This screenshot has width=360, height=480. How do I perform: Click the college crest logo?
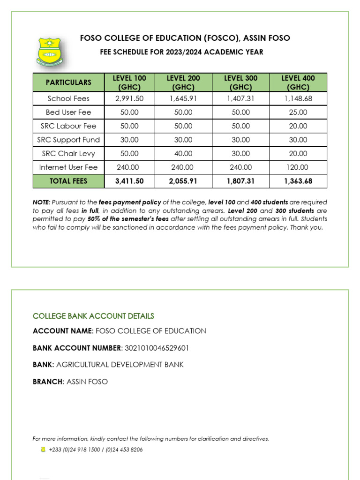click(52, 51)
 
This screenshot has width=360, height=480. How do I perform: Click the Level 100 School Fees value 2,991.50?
click(129, 98)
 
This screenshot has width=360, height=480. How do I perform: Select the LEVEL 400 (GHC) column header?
click(298, 82)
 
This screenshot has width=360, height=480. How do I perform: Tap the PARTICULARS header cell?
click(68, 82)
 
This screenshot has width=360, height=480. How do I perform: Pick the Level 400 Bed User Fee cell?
click(298, 112)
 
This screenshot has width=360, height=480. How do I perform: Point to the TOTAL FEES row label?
click(68, 181)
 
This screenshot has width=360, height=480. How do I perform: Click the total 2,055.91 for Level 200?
click(183, 181)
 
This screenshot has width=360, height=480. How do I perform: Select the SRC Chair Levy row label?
click(68, 153)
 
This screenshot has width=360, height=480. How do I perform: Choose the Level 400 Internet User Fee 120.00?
click(298, 167)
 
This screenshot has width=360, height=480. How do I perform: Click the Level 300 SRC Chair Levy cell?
click(240, 153)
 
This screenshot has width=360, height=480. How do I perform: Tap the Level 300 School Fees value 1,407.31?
click(240, 98)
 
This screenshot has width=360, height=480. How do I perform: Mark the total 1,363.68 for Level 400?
click(298, 181)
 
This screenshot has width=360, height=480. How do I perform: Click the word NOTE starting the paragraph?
click(41, 202)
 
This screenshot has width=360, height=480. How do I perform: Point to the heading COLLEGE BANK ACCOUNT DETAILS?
click(93, 316)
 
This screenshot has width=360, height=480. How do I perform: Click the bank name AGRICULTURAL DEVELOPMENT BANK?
click(120, 365)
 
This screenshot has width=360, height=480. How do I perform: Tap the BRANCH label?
click(48, 382)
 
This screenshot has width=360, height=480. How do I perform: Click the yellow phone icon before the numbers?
click(43, 450)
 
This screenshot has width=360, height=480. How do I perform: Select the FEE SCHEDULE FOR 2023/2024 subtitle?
click(182, 52)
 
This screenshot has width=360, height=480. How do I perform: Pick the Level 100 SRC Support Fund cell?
click(129, 140)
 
